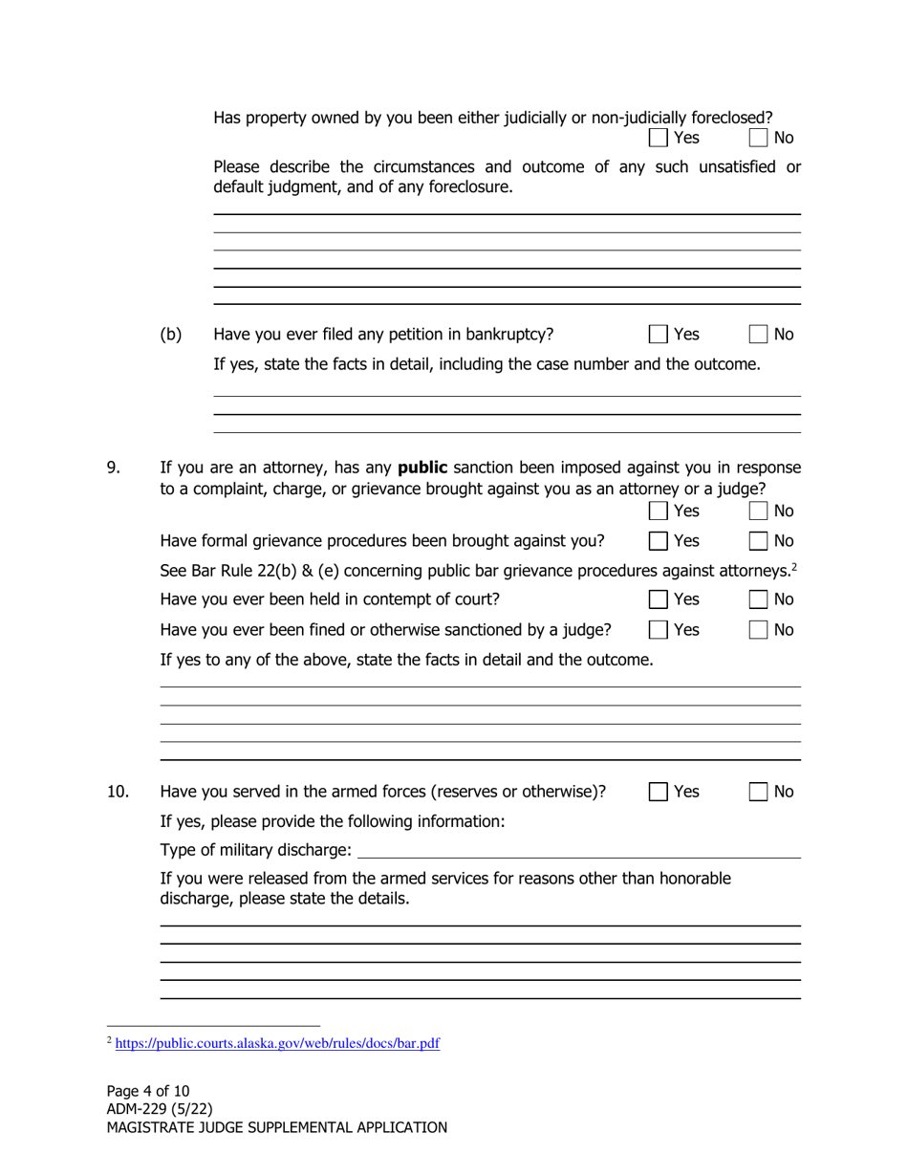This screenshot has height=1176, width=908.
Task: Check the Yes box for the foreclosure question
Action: (659, 138)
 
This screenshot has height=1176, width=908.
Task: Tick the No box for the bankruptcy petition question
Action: (758, 335)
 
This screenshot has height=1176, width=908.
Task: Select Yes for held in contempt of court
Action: (659, 599)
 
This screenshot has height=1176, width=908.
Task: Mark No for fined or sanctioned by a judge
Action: (758, 630)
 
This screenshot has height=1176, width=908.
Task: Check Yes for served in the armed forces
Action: (659, 792)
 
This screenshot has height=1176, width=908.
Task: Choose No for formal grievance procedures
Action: (758, 541)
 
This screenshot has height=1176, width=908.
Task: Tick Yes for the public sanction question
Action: (659, 512)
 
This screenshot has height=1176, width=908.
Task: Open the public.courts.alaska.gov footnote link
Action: (277, 1043)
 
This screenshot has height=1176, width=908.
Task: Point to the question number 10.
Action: (118, 792)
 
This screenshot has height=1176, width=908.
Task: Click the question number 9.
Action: (113, 468)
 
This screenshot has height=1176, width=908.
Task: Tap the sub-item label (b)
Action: (171, 335)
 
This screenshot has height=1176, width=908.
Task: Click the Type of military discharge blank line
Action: (578, 850)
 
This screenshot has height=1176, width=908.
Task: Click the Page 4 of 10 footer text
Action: (148, 1091)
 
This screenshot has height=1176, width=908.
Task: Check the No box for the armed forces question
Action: (758, 792)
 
